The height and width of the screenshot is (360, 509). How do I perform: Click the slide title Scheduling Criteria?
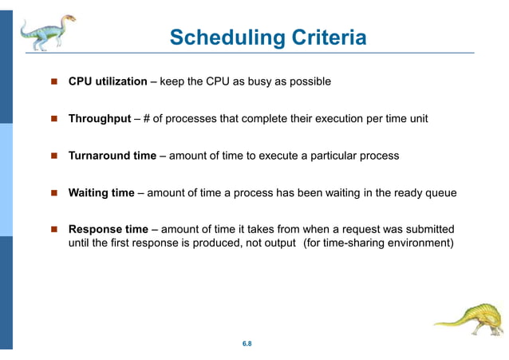(x=268, y=38)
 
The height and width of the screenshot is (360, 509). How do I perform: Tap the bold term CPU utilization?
(x=107, y=81)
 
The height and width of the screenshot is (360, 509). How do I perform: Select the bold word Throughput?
(x=99, y=119)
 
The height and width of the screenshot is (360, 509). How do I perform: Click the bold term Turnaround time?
(x=112, y=156)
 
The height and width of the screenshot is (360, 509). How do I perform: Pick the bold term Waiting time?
(x=101, y=192)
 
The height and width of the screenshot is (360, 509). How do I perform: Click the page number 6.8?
(x=247, y=343)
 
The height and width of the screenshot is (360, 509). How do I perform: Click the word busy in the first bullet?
(x=259, y=81)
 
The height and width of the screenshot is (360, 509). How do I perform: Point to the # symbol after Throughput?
(x=147, y=119)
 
